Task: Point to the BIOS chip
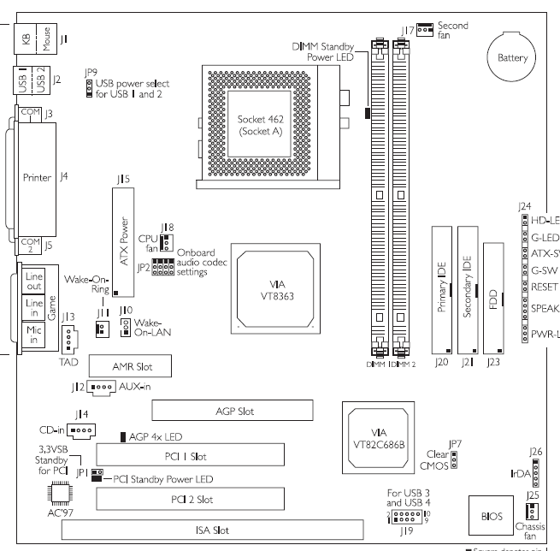(x=487, y=517)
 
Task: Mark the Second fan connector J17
(x=425, y=30)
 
